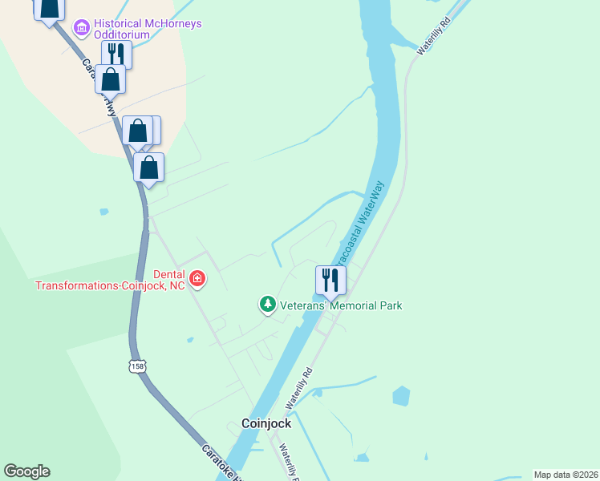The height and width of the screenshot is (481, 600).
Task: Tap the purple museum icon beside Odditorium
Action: coord(81,29)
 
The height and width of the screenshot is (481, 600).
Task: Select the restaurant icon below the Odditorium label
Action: coord(116,55)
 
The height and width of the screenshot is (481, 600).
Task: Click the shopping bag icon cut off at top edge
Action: coord(49,8)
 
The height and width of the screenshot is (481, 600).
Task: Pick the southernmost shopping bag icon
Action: coord(148,168)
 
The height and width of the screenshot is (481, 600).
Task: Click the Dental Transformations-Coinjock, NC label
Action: coord(109,279)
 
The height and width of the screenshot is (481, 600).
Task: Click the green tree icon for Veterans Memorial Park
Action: coord(267,305)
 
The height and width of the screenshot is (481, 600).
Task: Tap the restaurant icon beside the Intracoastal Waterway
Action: coord(330,280)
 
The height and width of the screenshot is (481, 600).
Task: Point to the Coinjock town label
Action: coord(266,423)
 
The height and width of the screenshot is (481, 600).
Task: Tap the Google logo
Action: coord(26,471)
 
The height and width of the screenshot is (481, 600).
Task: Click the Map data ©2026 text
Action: coord(566,475)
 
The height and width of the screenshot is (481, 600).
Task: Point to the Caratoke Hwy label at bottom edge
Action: coord(220,463)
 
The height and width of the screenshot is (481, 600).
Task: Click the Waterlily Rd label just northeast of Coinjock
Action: coord(297,386)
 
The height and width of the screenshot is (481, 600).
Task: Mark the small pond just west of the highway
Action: coord(103,212)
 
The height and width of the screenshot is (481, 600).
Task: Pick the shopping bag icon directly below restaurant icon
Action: coord(110,79)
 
